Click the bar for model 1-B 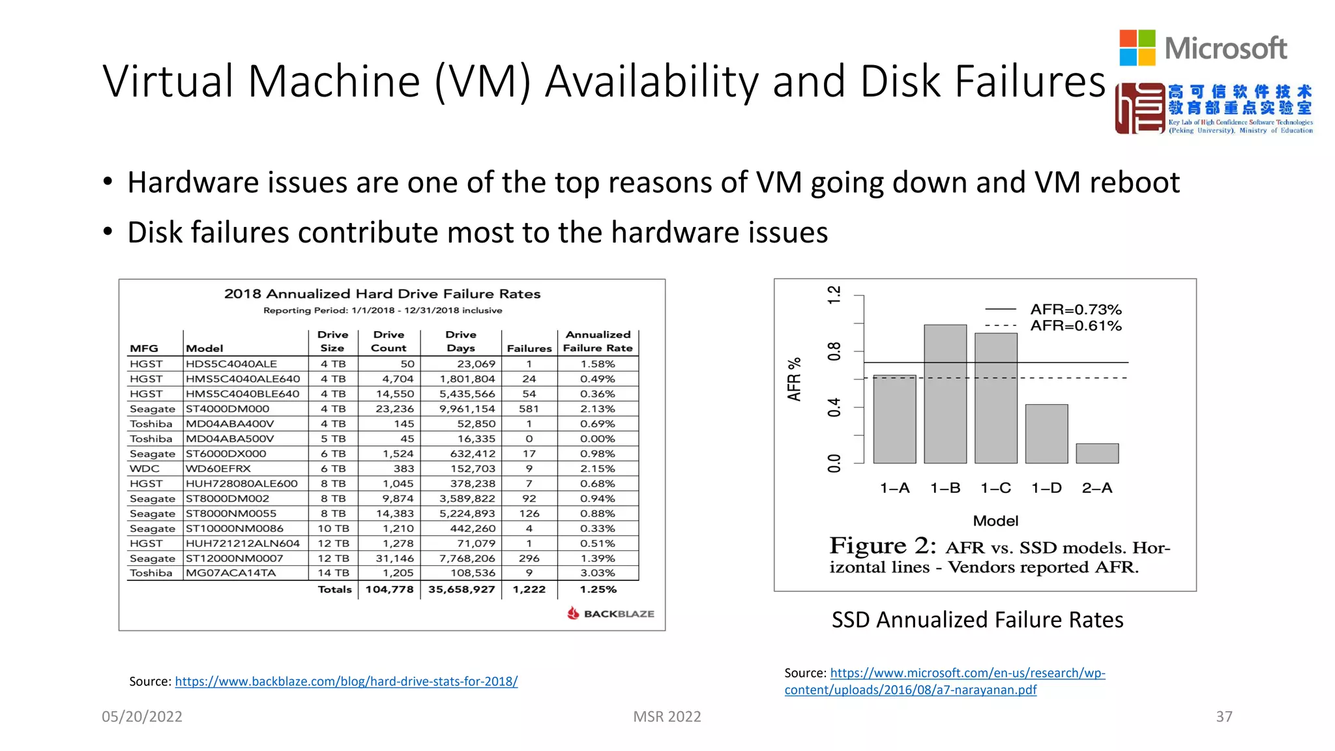[945, 394]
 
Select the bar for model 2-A [1097, 453]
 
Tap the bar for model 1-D [1046, 434]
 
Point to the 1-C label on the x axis [995, 488]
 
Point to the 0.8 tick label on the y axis [834, 351]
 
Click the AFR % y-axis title [794, 379]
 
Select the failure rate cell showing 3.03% [598, 573]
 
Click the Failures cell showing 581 [529, 409]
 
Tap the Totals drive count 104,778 [389, 589]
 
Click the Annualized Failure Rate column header [598, 341]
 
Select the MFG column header [144, 348]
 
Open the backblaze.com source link [346, 681]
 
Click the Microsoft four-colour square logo [1137, 48]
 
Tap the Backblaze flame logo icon [573, 613]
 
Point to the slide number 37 [1224, 716]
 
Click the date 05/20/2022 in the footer [142, 716]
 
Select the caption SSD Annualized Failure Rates [977, 619]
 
